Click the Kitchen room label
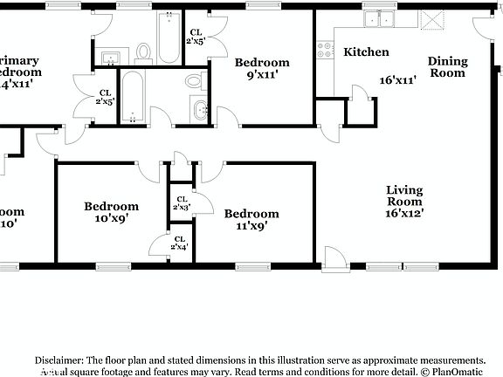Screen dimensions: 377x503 coord(366,52)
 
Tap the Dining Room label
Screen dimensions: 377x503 coord(447,67)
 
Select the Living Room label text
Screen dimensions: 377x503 coord(404,195)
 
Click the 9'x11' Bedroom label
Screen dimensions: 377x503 coord(262,69)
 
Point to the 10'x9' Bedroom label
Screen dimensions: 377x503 coord(111,213)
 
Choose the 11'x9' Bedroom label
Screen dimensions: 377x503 coord(251,219)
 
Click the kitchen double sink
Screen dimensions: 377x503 coord(380,19)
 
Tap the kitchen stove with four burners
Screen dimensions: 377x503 coord(326,50)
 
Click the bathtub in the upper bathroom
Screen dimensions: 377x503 coord(168,37)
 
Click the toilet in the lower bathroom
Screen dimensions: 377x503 coord(194,82)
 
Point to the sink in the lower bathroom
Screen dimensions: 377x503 coord(199,111)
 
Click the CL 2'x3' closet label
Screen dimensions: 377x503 coord(181,203)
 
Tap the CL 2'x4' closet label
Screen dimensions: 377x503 coord(180,243)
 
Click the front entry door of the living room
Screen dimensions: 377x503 coord(334,257)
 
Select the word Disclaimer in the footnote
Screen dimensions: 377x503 coord(59,360)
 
